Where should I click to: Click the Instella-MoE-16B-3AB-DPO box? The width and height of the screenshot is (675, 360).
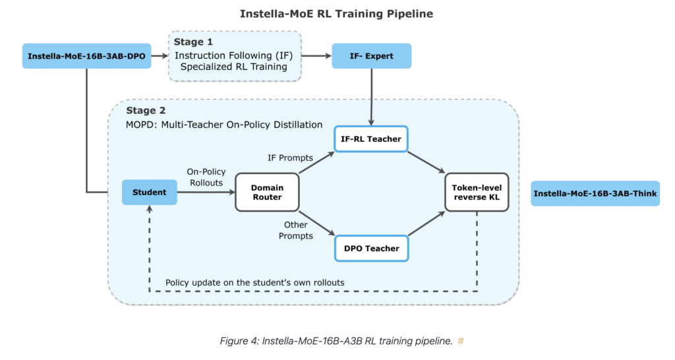(x=86, y=56)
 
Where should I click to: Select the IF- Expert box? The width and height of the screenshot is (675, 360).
(x=372, y=56)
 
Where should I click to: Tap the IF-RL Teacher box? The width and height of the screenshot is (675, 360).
(x=371, y=139)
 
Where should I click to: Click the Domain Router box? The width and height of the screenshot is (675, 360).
(x=268, y=192)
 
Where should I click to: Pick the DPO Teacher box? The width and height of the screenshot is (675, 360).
(x=372, y=249)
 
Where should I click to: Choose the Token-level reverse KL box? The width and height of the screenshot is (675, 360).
(x=477, y=192)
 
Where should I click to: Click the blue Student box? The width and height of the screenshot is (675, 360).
(x=150, y=192)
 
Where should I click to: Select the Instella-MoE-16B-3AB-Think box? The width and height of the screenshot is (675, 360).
(x=595, y=193)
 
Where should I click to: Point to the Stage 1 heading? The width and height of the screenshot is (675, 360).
(x=193, y=42)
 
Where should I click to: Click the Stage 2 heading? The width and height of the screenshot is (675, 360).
(x=146, y=110)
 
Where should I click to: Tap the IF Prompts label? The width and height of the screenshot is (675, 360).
(x=290, y=158)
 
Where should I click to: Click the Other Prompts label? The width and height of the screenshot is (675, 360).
(x=296, y=230)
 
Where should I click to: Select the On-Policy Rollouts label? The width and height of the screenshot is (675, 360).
(x=206, y=177)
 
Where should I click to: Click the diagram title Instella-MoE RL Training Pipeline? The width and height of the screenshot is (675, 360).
(x=337, y=14)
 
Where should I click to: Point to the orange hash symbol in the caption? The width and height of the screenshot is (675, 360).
(x=461, y=341)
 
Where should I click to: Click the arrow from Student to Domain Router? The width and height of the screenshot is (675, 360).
(x=206, y=192)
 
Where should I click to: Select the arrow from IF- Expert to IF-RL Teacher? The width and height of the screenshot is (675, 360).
(x=371, y=98)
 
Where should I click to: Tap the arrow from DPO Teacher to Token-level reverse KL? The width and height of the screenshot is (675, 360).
(x=426, y=224)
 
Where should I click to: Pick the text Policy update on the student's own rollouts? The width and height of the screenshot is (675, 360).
(x=255, y=282)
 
